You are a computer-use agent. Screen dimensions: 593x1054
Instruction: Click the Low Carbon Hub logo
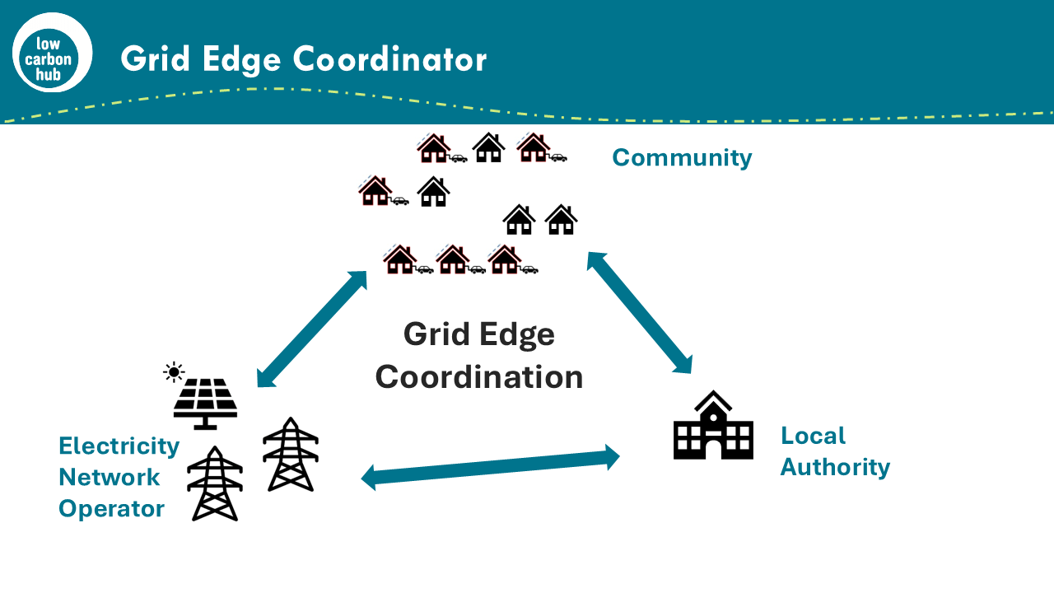click(x=52, y=53)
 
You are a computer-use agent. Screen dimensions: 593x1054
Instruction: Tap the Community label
click(x=682, y=157)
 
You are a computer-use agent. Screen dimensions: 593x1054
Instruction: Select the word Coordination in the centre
click(x=479, y=377)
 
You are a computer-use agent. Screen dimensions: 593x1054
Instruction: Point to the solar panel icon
click(x=205, y=402)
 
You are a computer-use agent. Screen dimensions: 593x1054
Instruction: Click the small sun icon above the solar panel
click(x=174, y=372)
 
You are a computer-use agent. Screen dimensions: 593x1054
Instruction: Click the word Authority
click(x=835, y=467)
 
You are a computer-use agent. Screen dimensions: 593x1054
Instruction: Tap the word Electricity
click(x=119, y=446)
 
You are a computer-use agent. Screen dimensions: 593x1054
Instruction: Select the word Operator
click(x=111, y=508)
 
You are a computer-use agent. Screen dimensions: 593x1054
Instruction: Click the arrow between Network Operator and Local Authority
click(x=491, y=467)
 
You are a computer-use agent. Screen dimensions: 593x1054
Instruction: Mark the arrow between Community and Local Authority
click(x=640, y=313)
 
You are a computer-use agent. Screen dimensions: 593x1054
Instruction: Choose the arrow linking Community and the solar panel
click(x=312, y=328)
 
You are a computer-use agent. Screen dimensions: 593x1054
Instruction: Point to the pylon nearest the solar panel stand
click(x=291, y=454)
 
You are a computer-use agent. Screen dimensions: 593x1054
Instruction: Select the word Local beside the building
click(x=813, y=436)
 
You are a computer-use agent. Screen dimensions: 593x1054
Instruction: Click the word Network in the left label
click(x=110, y=477)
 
